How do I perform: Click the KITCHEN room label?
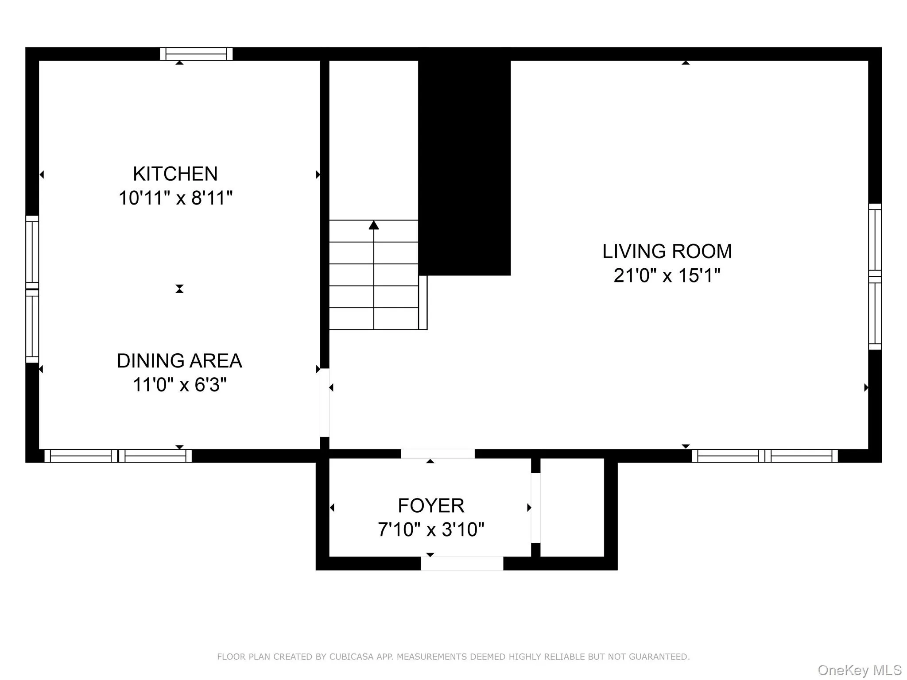pyautogui.click(x=175, y=174)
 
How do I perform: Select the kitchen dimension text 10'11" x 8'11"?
pyautogui.click(x=175, y=198)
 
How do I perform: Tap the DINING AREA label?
pyautogui.click(x=179, y=361)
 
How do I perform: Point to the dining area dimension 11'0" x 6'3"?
pyautogui.click(x=179, y=385)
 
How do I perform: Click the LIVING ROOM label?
pyautogui.click(x=667, y=251)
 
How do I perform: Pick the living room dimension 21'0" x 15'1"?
pyautogui.click(x=667, y=275)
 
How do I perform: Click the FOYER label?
pyautogui.click(x=431, y=506)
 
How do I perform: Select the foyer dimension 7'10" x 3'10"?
pyautogui.click(x=431, y=529)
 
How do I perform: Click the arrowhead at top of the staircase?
pyautogui.click(x=374, y=225)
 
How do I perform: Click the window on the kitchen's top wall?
pyautogui.click(x=196, y=54)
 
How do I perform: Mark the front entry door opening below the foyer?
pyautogui.click(x=462, y=563)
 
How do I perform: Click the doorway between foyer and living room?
pyautogui.click(x=438, y=454)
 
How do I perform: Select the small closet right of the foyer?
pyautogui.click(x=572, y=507)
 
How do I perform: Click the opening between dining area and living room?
pyautogui.click(x=325, y=402)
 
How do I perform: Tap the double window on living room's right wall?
pyautogui.click(x=875, y=277)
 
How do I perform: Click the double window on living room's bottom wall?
pyautogui.click(x=765, y=456)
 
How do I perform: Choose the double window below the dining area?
pyautogui.click(x=118, y=456)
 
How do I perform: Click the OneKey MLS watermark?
pyautogui.click(x=859, y=670)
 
